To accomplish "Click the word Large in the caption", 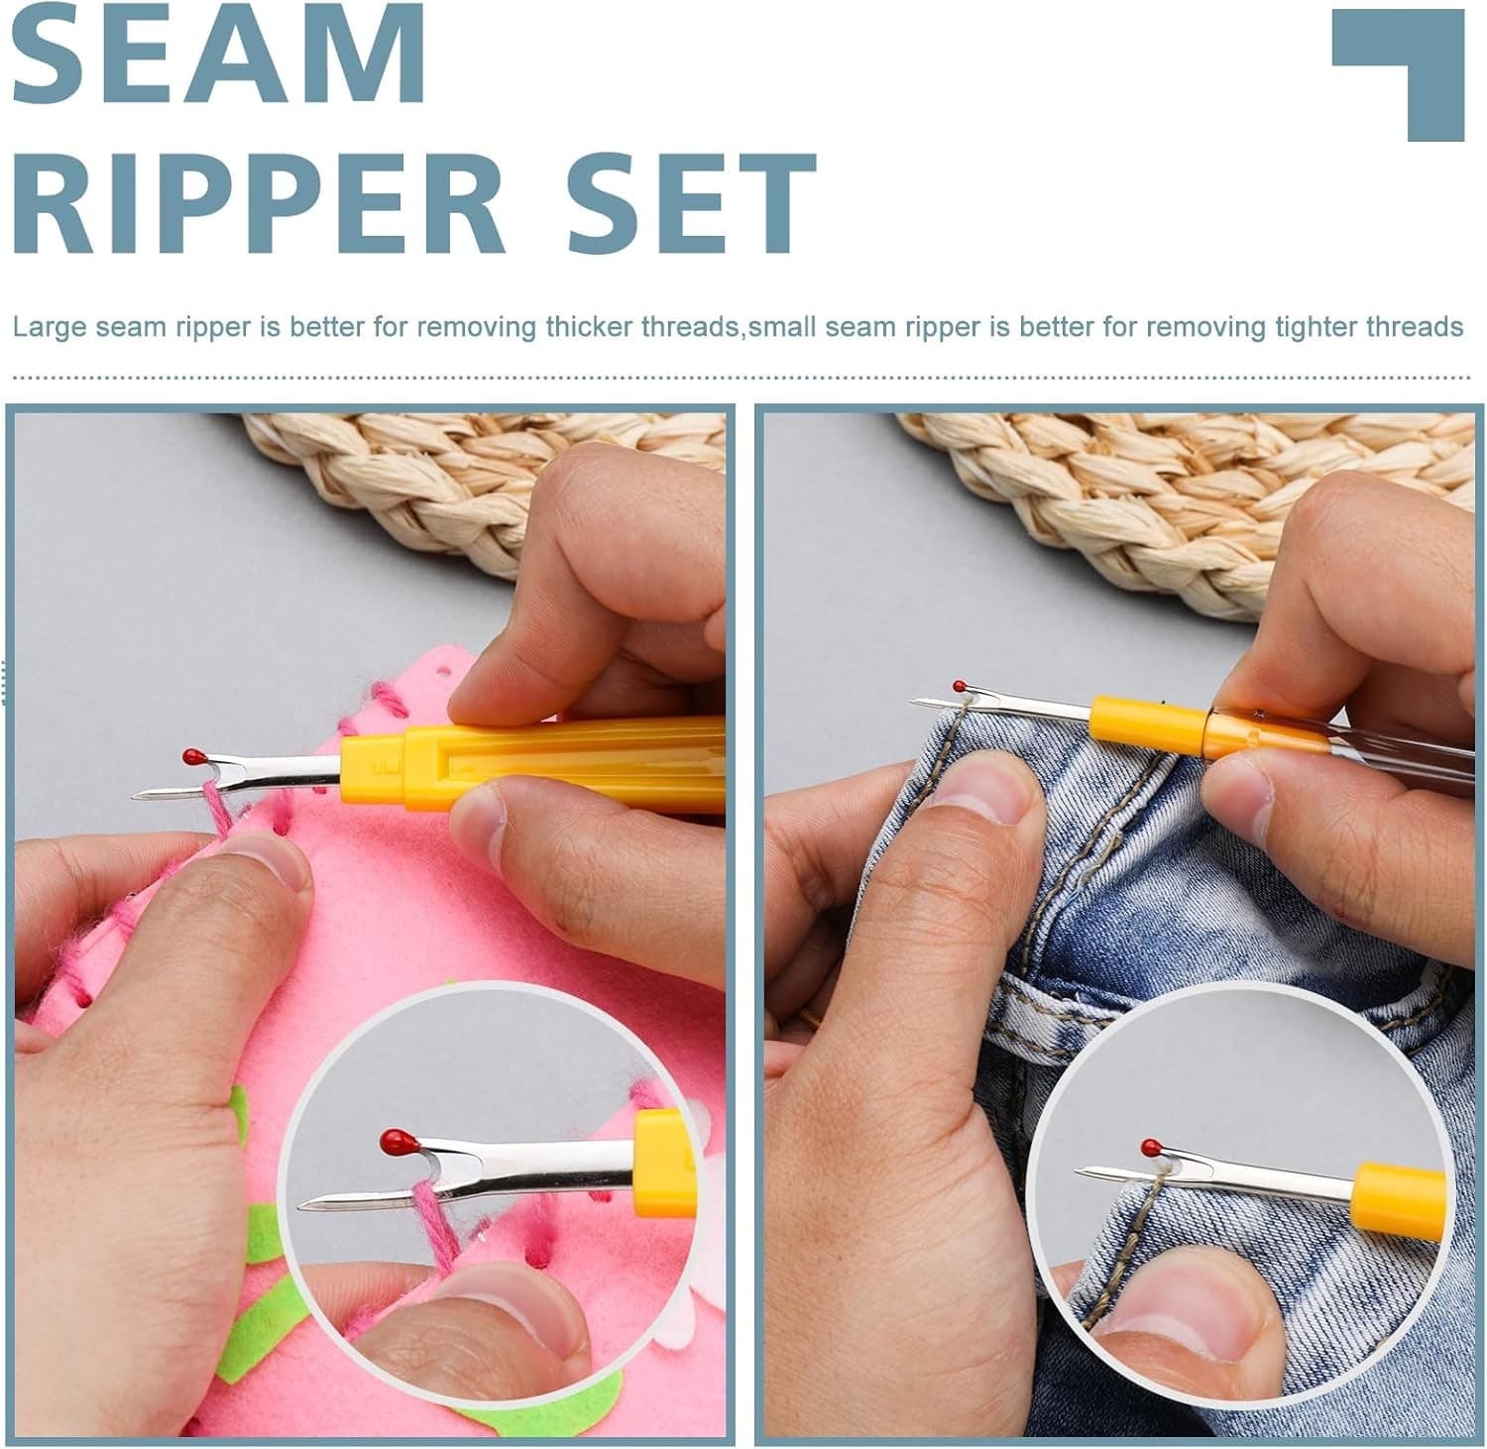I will (50, 327).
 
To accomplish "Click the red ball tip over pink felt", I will (188, 756).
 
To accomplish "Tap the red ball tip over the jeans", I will (960, 686).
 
